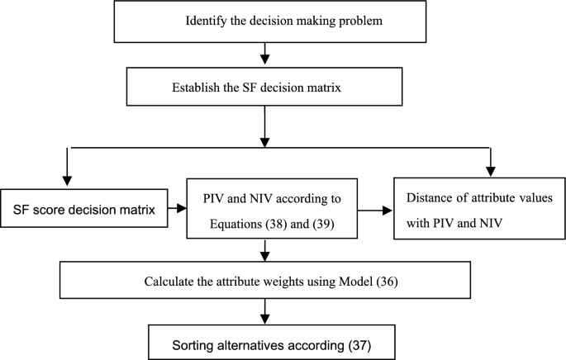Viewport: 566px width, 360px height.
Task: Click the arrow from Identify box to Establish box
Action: point(264,55)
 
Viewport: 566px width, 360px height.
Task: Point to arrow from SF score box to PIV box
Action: point(179,207)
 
